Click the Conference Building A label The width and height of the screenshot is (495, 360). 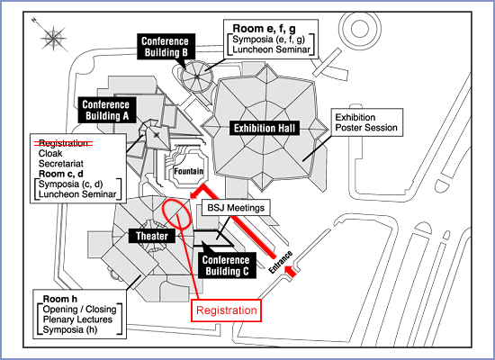[107, 110]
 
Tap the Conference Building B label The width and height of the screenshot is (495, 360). [166, 47]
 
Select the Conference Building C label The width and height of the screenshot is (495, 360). [227, 265]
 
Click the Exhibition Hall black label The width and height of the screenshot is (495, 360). [265, 128]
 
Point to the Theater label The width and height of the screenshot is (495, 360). [152, 236]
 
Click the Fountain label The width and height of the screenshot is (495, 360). [189, 171]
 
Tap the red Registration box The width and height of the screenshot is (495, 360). [226, 310]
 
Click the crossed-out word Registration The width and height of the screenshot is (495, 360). [63, 143]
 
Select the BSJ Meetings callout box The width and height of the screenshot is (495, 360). [236, 208]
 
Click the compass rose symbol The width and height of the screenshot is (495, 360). [53, 38]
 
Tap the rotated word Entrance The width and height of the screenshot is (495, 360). [281, 262]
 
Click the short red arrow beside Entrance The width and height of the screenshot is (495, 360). [291, 272]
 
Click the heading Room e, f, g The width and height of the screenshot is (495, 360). [265, 29]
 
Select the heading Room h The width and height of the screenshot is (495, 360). [60, 299]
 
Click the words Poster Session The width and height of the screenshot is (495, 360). [366, 128]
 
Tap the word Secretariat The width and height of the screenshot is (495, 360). [61, 164]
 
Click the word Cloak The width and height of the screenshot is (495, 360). [50, 154]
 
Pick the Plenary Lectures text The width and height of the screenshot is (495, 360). [77, 319]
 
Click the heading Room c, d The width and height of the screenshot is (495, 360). [61, 174]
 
